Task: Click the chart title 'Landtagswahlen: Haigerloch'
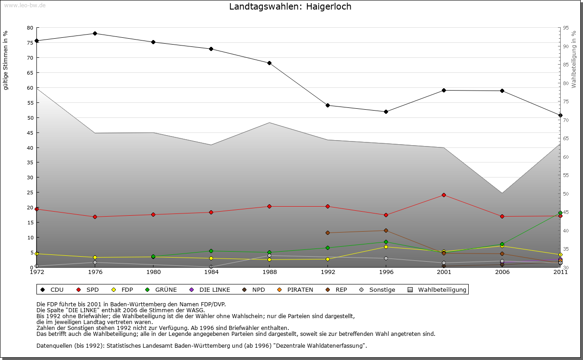tap(290, 7)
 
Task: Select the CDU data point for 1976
tap(95, 33)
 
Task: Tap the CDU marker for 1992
tap(327, 106)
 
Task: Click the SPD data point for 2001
tap(444, 195)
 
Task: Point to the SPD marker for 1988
tap(269, 206)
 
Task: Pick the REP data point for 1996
tap(386, 230)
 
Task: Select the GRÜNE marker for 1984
tap(211, 251)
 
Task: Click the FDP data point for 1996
tap(386, 247)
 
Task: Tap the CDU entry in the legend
tap(52, 289)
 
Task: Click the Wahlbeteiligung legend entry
tap(437, 289)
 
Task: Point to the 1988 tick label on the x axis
tap(269, 273)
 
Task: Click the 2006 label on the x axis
tap(502, 273)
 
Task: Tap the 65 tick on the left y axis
tap(30, 73)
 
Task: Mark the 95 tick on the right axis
tap(565, 28)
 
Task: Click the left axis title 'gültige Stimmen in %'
tap(6, 61)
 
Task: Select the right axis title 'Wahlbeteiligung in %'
tap(573, 60)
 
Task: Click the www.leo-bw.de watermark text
tap(25, 5)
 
